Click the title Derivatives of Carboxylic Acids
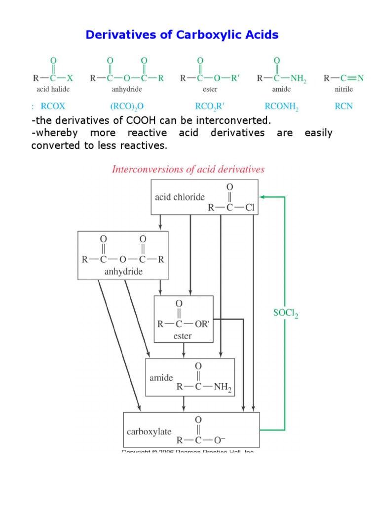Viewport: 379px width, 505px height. [x=182, y=35]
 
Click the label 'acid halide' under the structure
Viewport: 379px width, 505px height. [x=53, y=89]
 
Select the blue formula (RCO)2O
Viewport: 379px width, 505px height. [x=126, y=106]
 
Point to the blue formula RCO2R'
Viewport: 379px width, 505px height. [x=200, y=106]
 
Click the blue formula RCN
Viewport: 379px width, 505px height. [x=343, y=106]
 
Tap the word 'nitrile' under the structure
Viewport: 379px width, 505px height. [x=344, y=89]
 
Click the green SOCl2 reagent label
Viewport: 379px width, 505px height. [x=286, y=313]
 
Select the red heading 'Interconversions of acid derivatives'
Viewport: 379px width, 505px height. [x=189, y=169]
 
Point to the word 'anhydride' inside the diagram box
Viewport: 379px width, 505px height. [x=123, y=271]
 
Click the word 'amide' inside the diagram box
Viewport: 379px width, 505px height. [x=161, y=378]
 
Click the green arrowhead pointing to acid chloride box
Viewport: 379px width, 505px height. [x=262, y=197]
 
